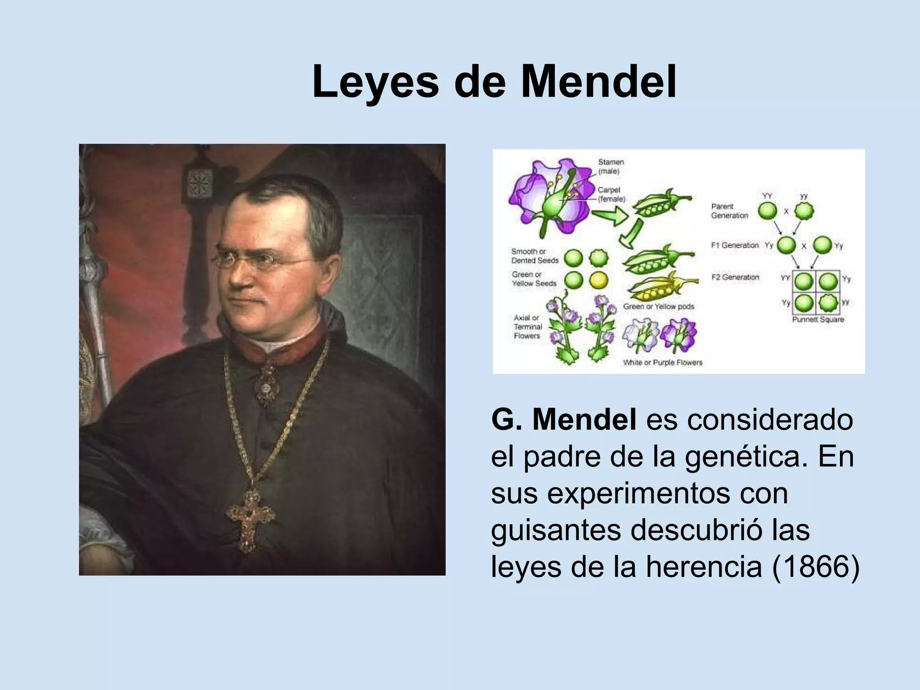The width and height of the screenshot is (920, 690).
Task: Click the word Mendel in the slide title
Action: (x=598, y=82)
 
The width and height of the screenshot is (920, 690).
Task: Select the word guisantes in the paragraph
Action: (x=557, y=530)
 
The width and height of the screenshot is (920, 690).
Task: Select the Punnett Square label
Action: (x=818, y=320)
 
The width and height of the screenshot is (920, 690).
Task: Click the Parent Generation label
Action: (x=730, y=211)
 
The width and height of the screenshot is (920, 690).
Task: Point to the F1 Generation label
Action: (x=734, y=245)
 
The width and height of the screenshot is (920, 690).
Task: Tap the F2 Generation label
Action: (x=735, y=277)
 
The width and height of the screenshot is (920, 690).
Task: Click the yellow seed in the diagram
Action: (x=598, y=280)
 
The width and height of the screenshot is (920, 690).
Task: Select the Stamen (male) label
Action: (x=610, y=166)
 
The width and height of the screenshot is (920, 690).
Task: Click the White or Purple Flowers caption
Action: (x=662, y=363)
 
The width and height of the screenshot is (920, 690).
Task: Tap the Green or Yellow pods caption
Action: (x=659, y=306)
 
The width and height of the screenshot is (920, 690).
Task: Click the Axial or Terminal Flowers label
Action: (x=528, y=327)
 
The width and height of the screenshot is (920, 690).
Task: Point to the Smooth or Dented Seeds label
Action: (x=535, y=256)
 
